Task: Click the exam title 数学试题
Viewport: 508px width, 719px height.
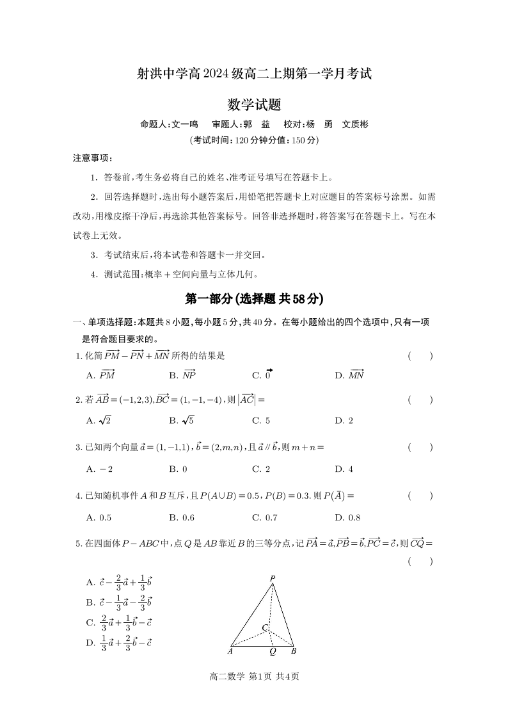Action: [254, 104]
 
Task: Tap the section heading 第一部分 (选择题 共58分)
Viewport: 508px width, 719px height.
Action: [254, 298]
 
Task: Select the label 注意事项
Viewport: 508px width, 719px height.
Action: [92, 158]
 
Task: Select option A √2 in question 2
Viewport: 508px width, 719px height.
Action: [99, 421]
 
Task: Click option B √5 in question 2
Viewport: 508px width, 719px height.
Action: [182, 421]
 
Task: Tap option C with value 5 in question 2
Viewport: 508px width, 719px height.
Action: [261, 421]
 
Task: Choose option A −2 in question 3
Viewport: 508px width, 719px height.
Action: [99, 469]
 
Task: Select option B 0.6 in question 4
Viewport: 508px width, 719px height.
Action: [182, 518]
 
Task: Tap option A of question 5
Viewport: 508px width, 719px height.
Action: [119, 582]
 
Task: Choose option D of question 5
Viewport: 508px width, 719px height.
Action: [119, 643]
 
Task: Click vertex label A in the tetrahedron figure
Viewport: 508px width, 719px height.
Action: [230, 652]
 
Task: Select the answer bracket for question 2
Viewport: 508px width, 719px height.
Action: [420, 400]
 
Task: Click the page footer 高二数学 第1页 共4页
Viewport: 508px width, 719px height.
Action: [254, 694]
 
